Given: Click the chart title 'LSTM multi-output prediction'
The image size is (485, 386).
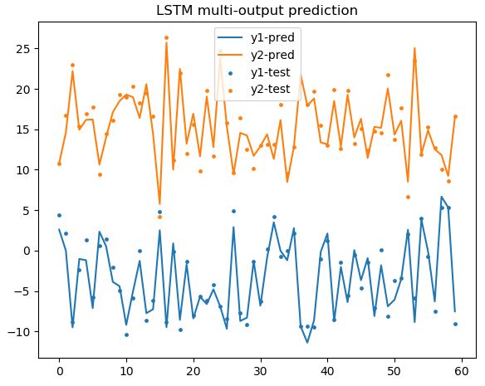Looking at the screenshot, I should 257,11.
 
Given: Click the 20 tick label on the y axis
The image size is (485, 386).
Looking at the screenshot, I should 24,90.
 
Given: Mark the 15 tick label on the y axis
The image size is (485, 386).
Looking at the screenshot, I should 24,129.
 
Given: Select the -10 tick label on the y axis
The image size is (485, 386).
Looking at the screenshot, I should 21,331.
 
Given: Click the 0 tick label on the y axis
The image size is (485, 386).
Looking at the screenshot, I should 27,251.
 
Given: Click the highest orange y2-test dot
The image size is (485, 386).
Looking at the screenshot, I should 166,37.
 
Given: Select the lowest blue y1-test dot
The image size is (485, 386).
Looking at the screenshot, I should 126,335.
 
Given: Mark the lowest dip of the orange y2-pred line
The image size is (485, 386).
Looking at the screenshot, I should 159,204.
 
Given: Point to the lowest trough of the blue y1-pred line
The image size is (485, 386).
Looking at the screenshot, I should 307,342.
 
